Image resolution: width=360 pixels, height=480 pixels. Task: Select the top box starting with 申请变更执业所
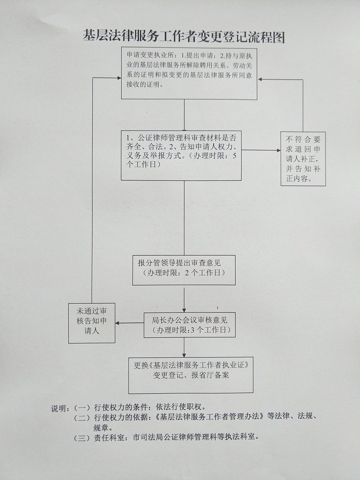click(189, 73)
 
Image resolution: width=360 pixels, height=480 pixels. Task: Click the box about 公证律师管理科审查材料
click(181, 155)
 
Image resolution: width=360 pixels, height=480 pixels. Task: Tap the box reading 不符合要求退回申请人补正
click(303, 159)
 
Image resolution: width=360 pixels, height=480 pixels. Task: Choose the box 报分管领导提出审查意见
click(184, 270)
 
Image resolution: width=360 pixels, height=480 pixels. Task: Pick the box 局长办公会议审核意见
click(190, 325)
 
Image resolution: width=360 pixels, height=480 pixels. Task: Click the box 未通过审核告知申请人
click(92, 323)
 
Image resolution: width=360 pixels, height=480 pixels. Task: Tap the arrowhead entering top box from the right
click(260, 79)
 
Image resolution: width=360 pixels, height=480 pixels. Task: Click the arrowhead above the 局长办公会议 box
click(184, 310)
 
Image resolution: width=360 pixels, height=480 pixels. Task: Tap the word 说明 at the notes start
click(59, 408)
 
